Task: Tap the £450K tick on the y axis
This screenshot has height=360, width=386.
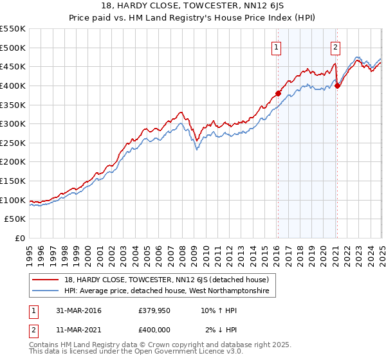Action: point(13,66)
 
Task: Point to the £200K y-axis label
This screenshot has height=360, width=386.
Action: point(13,161)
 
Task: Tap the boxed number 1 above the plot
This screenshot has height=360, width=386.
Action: point(276,46)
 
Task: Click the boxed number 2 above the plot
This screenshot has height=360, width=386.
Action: point(336,46)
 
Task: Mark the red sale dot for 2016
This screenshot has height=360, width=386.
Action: point(279,93)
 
